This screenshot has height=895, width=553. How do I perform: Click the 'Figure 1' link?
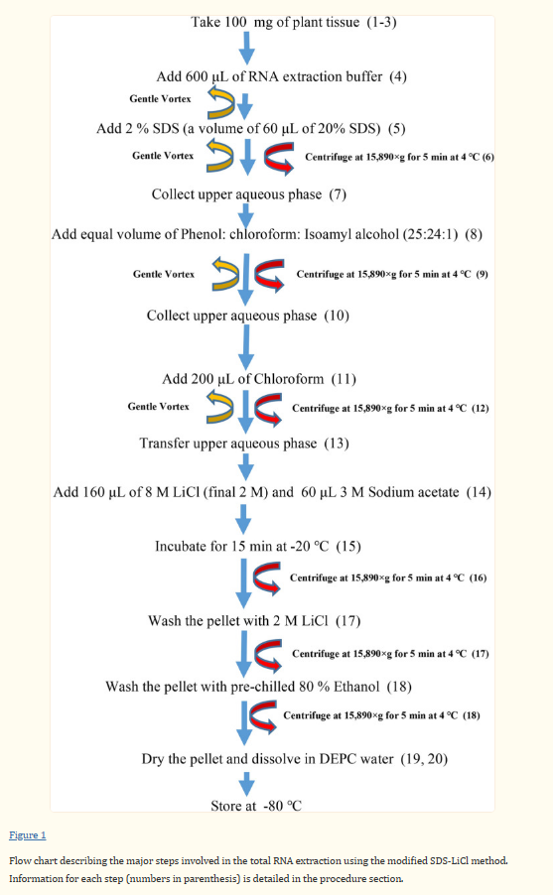pyautogui.click(x=28, y=835)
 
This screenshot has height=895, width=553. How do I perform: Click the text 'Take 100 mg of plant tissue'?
pyautogui.click(x=293, y=21)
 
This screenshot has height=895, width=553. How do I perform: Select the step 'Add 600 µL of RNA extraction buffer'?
pyautogui.click(x=282, y=76)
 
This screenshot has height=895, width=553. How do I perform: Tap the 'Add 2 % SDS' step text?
pyautogui.click(x=265, y=128)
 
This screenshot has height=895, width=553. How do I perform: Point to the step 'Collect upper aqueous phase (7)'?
pyautogui.click(x=248, y=193)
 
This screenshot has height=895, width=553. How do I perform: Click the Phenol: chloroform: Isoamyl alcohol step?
pyautogui.click(x=267, y=234)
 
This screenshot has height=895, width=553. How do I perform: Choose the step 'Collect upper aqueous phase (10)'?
pyautogui.click(x=247, y=316)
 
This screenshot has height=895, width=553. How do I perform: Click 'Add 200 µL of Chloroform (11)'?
pyautogui.click(x=259, y=379)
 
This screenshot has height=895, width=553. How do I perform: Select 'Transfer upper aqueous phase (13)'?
pyautogui.click(x=244, y=443)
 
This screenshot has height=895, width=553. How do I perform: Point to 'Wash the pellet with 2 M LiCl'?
pyautogui.click(x=254, y=621)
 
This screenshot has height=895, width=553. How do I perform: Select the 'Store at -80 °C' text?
pyautogui.click(x=255, y=806)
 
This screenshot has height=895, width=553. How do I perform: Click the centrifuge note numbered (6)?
pyautogui.click(x=399, y=157)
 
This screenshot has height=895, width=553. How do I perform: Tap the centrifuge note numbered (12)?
pyautogui.click(x=390, y=408)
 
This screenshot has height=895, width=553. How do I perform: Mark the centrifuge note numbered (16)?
pyautogui.click(x=387, y=576)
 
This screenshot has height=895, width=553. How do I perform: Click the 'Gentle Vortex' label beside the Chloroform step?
pyautogui.click(x=159, y=407)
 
